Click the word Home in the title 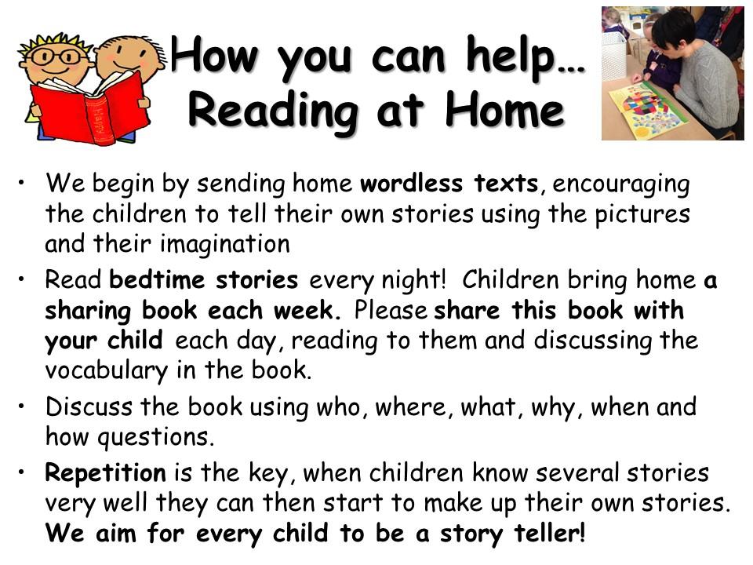point(504,111)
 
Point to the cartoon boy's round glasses point(57,56)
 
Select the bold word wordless point(412,184)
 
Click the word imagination point(225,245)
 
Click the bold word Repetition point(105,474)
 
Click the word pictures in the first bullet point(642,215)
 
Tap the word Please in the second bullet point(391,311)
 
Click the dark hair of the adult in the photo point(672,27)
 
